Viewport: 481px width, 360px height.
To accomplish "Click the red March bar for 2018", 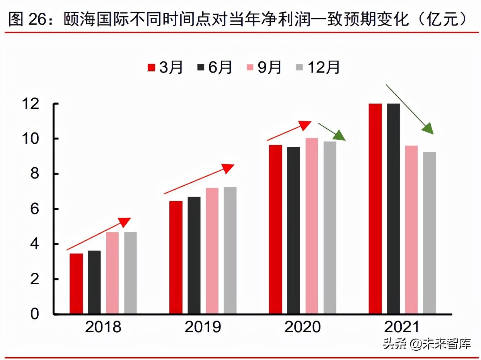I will [77, 284].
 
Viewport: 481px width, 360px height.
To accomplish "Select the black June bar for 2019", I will [194, 255].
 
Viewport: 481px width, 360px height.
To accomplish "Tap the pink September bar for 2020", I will [312, 226].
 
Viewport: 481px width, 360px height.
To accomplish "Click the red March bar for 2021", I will [375, 209].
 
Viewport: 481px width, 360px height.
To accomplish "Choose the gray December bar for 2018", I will [130, 273].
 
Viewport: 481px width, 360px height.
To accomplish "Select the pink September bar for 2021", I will [411, 230].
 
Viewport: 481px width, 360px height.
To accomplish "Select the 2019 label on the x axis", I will [203, 328].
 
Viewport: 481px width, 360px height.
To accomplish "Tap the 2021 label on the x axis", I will [402, 328].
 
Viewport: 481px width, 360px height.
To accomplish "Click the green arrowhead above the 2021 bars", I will [428, 129].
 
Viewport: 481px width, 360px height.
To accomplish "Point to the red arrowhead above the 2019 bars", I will [227, 168].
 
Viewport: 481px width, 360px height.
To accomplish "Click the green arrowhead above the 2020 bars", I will [339, 136].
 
